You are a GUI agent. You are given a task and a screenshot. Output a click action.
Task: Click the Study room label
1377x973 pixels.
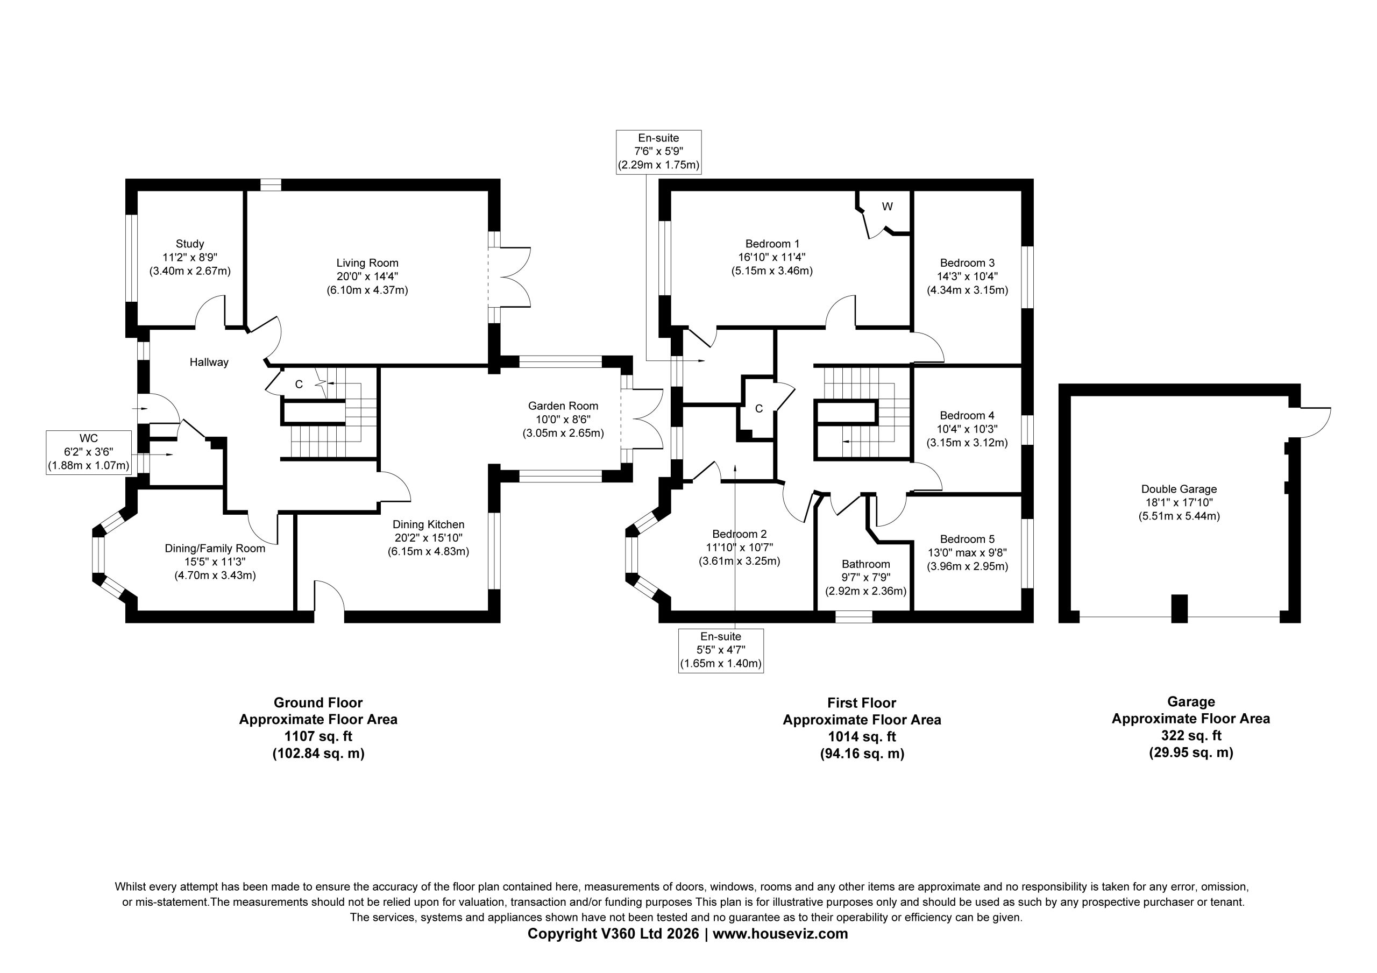click(189, 244)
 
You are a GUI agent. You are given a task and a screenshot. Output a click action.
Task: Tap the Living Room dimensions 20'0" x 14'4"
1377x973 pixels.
click(367, 276)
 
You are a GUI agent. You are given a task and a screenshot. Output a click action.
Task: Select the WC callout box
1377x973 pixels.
click(89, 452)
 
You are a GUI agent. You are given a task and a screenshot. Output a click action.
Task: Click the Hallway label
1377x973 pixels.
click(209, 362)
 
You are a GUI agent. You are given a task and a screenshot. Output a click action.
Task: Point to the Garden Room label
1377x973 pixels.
click(563, 406)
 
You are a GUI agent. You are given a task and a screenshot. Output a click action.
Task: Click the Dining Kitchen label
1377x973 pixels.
click(428, 524)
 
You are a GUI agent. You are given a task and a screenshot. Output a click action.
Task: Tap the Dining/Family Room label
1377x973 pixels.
click(215, 548)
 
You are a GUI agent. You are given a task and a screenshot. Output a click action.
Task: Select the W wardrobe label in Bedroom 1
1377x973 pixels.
click(888, 207)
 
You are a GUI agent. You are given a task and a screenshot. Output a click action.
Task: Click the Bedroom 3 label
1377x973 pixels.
click(967, 262)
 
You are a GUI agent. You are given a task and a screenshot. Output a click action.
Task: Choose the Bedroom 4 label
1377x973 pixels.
click(967, 415)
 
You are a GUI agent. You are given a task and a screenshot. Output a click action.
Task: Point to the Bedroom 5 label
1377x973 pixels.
click(967, 539)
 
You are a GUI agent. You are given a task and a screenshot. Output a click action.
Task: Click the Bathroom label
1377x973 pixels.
click(865, 564)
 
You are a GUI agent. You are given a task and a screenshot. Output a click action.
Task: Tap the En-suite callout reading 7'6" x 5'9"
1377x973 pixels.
click(658, 152)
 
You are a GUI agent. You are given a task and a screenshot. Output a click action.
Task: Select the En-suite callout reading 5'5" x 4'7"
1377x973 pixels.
click(721, 651)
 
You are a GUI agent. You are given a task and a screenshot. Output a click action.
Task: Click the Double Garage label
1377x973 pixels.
click(1179, 489)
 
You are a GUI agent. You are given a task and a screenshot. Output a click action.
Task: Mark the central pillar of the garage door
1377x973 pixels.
click(1179, 608)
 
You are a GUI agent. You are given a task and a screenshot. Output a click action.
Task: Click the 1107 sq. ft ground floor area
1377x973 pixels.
click(318, 736)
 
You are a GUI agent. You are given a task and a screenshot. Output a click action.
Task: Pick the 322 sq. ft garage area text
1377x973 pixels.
click(1191, 735)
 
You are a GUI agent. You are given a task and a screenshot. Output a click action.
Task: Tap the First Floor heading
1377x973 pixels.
click(862, 702)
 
